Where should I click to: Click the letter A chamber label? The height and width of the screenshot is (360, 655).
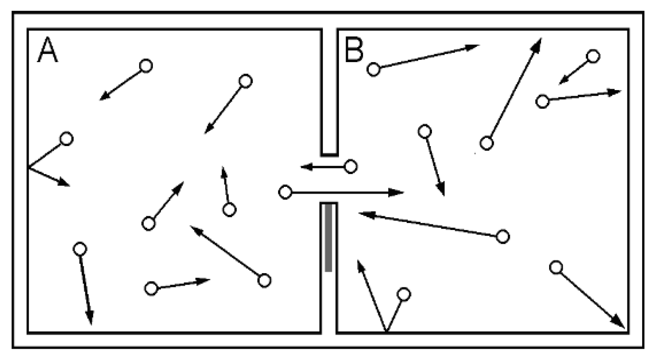[48, 50]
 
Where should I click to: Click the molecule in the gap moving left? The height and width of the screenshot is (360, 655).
[351, 166]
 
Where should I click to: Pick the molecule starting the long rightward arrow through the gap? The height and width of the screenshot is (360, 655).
[285, 192]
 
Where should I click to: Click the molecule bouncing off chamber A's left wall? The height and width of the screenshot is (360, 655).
[67, 138]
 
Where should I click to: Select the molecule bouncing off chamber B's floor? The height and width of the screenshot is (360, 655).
[403, 295]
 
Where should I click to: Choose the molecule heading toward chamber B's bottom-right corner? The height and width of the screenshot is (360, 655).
[556, 267]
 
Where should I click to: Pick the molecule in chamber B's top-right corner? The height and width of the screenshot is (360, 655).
[593, 56]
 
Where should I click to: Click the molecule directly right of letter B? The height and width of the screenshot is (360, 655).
[374, 69]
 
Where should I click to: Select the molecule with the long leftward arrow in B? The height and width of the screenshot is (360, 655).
[503, 236]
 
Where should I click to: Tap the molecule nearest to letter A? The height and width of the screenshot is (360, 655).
[146, 65]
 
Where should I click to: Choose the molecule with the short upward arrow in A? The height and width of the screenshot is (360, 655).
[229, 209]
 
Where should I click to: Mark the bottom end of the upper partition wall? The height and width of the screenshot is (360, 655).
[329, 155]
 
